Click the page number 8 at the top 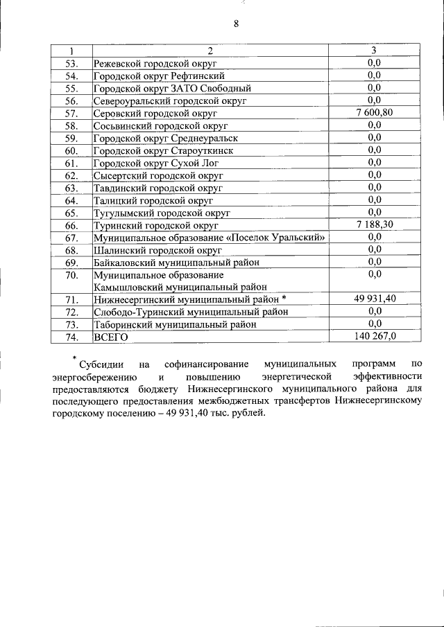pyautogui.click(x=236, y=24)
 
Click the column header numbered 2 pyautogui.click(x=210, y=51)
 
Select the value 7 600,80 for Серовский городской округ pyautogui.click(x=375, y=112)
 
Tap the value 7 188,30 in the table pyautogui.click(x=375, y=224)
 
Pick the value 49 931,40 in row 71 pyautogui.click(x=375, y=299)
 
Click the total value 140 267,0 pyautogui.click(x=375, y=336)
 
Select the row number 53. pyautogui.click(x=71, y=63)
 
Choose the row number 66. pyautogui.click(x=71, y=225)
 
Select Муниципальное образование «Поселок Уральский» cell pyautogui.click(x=210, y=238)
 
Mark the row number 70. pyautogui.click(x=71, y=275)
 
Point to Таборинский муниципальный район pyautogui.click(x=175, y=324)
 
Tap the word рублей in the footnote pyautogui.click(x=248, y=414)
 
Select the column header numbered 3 pyautogui.click(x=374, y=51)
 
